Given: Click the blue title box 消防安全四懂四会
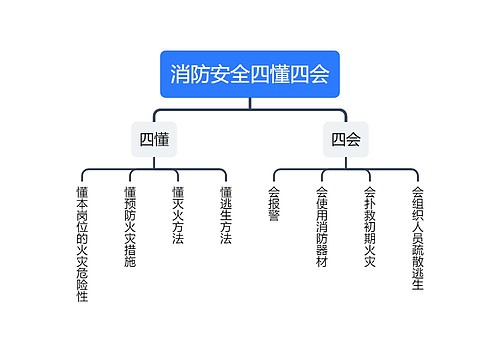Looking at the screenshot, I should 250,74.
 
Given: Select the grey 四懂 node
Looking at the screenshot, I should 153,139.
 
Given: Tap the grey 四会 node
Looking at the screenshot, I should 346,139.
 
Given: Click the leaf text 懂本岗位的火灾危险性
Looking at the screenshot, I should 82,243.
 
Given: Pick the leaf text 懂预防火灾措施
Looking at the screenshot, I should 130,226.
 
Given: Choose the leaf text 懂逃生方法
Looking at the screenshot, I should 225,215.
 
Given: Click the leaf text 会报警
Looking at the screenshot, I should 273,203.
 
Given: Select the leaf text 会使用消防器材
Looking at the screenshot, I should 321,226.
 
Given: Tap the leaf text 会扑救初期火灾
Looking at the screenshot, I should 369,226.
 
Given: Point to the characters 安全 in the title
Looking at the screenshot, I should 230,74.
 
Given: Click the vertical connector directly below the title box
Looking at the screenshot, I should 250,101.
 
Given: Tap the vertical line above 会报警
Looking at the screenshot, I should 273,175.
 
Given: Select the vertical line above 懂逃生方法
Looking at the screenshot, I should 225,175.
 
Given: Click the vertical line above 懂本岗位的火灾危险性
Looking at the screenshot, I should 82,175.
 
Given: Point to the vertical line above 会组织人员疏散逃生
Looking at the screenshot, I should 417,175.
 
